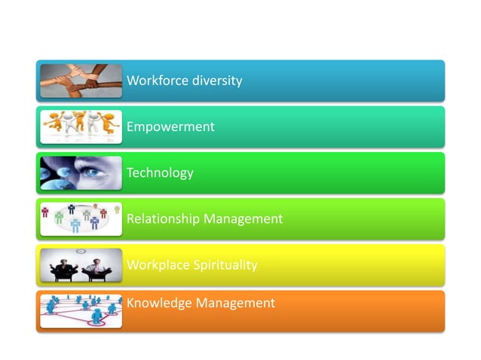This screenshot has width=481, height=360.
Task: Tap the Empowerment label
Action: pyautogui.click(x=170, y=127)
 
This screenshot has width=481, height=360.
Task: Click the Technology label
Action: pyautogui.click(x=160, y=173)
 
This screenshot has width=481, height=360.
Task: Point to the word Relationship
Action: pyautogui.click(x=164, y=219)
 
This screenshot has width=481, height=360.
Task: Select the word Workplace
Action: pyautogui.click(x=155, y=265)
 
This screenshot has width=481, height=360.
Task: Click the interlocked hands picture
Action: pyautogui.click(x=81, y=81)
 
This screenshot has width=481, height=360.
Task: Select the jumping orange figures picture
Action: pyautogui.click(x=81, y=127)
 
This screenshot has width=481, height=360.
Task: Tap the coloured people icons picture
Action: pyautogui.click(x=81, y=218)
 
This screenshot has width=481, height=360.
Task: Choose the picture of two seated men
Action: pyautogui.click(x=81, y=265)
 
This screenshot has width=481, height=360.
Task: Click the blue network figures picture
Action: pyautogui.click(x=81, y=310)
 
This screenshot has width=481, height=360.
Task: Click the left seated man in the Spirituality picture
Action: pyautogui.click(x=63, y=268)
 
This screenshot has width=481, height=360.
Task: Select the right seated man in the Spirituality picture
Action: pyautogui.click(x=99, y=268)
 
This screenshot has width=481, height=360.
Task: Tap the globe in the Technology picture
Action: pyautogui.click(x=54, y=181)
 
